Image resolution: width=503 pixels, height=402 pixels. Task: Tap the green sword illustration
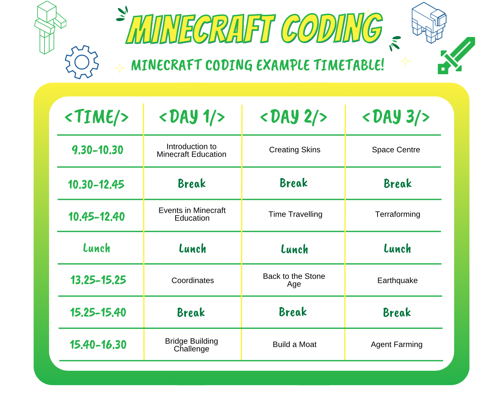point(456,56)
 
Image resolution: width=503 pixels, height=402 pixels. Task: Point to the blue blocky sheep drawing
point(429,23)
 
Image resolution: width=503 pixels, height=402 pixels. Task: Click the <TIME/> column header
point(96,117)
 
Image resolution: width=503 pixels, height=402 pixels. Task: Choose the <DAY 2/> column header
point(294,117)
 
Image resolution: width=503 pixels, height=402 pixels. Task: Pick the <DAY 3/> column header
point(396,117)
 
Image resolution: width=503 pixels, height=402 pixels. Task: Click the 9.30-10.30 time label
point(98,150)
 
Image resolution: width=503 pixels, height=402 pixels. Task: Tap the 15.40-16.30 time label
point(98,344)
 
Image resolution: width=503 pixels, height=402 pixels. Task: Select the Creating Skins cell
point(295,150)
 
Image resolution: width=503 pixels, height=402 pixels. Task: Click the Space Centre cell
point(396,150)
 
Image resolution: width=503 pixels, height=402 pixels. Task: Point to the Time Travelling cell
point(295,214)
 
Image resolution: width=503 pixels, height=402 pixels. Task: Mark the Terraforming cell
point(398,214)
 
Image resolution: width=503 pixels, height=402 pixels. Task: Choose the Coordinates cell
point(193,280)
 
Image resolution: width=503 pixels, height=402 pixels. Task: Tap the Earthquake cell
point(398,280)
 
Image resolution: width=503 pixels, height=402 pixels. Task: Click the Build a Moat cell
point(295,344)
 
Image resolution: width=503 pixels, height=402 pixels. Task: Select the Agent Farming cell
point(396,344)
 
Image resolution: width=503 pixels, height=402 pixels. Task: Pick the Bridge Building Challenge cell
point(191,345)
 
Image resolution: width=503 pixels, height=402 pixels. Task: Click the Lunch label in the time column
point(96,248)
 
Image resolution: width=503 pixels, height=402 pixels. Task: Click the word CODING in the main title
point(332,28)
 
